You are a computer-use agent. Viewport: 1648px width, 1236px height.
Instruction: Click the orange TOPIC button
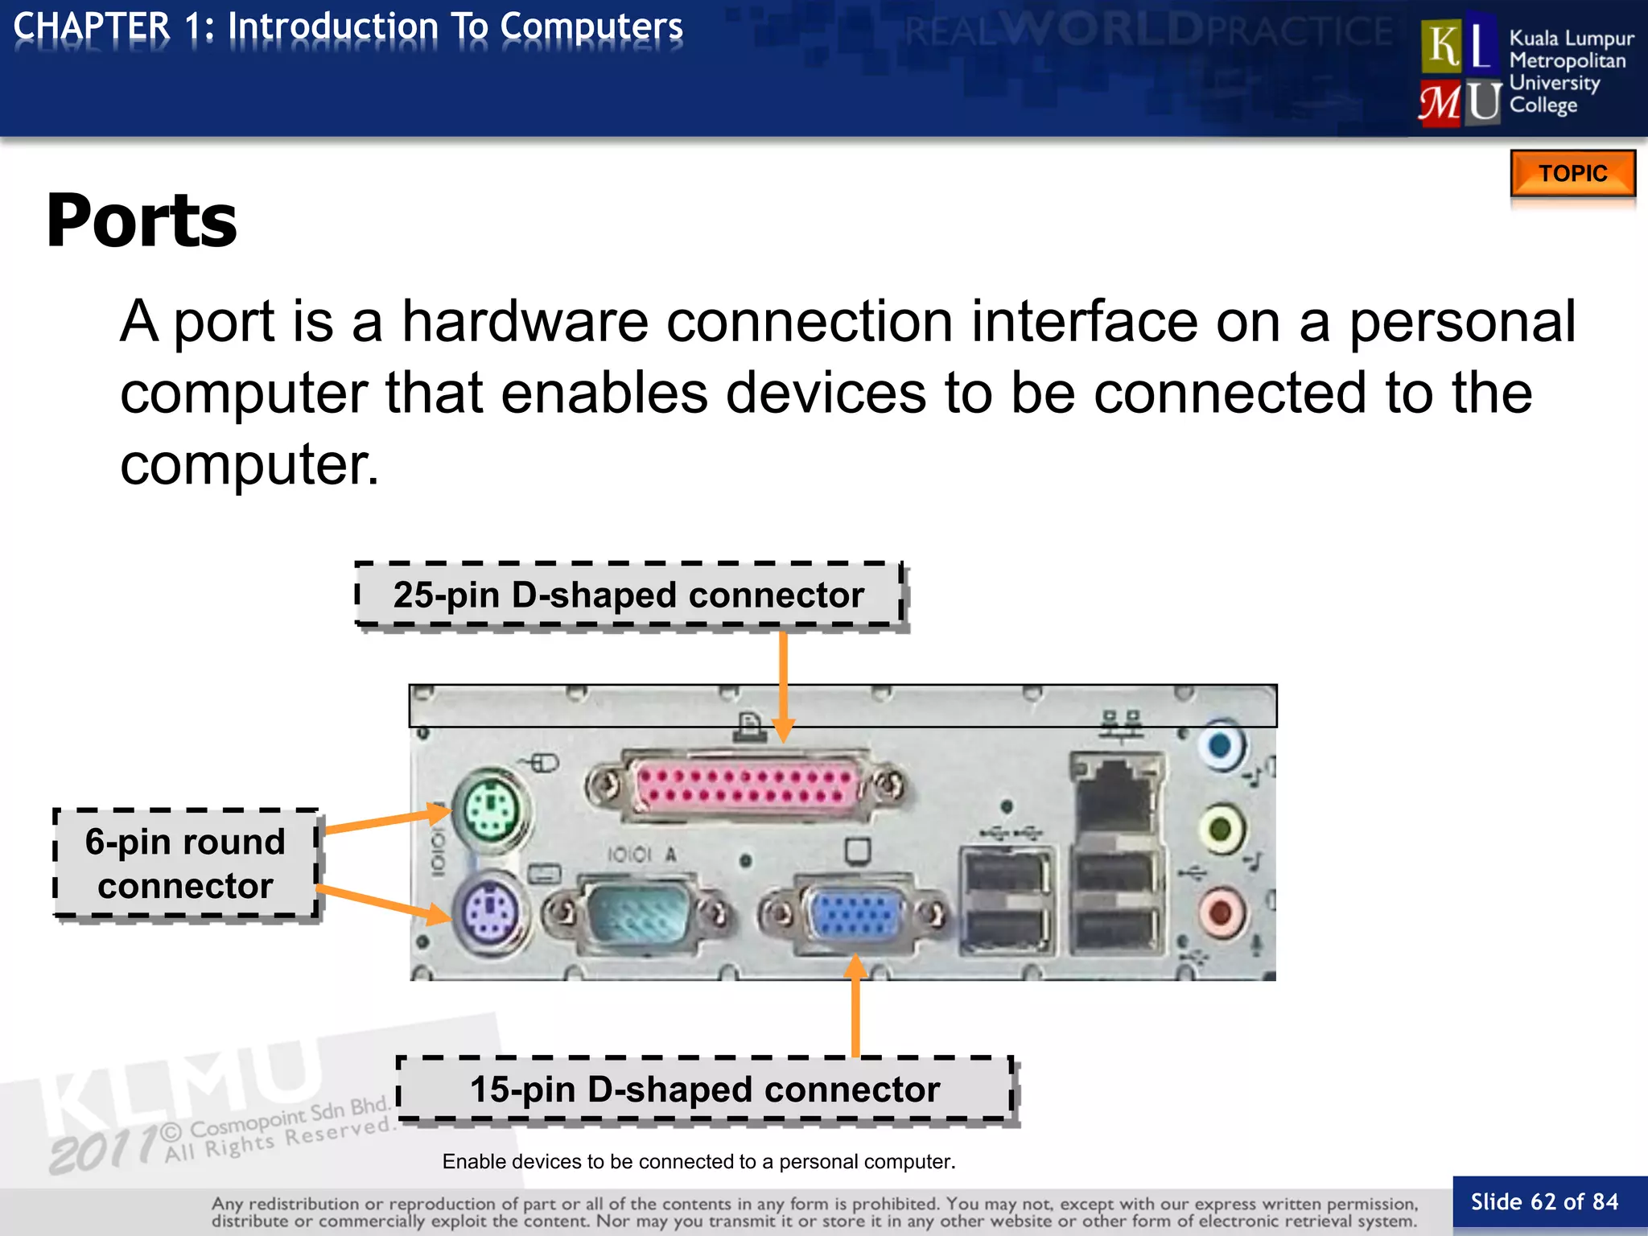click(1572, 173)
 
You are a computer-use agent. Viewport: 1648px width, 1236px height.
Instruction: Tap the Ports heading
click(142, 220)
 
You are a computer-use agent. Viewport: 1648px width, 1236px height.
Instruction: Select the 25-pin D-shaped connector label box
click(629, 595)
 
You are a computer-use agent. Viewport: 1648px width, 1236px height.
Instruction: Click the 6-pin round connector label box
click(186, 863)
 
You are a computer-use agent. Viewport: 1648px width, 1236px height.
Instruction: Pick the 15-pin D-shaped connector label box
click(705, 1090)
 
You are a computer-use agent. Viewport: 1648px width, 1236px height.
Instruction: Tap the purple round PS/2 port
click(488, 914)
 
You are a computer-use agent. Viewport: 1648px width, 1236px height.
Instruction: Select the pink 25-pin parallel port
click(745, 785)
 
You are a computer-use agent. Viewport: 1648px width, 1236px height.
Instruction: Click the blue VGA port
click(855, 915)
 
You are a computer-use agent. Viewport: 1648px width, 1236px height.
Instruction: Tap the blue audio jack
click(1221, 744)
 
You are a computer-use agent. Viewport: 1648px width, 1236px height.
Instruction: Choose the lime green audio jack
click(1221, 828)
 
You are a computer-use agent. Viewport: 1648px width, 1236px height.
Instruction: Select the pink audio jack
click(1221, 913)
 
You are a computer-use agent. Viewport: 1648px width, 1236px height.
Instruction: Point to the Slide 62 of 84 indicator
click(1544, 1202)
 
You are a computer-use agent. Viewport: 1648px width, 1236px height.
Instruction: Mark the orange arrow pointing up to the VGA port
click(855, 1006)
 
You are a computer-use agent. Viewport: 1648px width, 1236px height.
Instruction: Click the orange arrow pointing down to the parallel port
click(783, 684)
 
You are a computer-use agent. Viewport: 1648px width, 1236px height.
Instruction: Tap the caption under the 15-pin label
click(698, 1162)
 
